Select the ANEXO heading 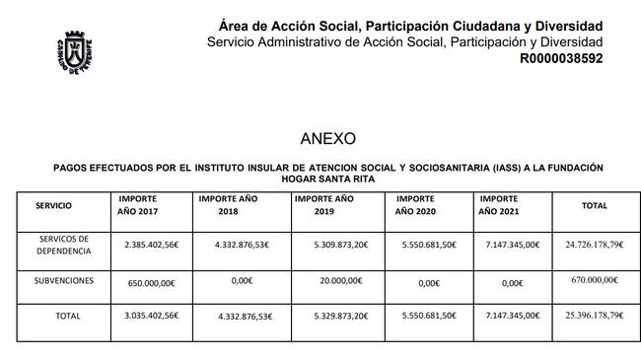327,138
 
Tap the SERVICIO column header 52,205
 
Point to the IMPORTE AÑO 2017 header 138,205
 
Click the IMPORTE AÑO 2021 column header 506,205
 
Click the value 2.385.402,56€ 152,244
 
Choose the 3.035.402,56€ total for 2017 152,317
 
